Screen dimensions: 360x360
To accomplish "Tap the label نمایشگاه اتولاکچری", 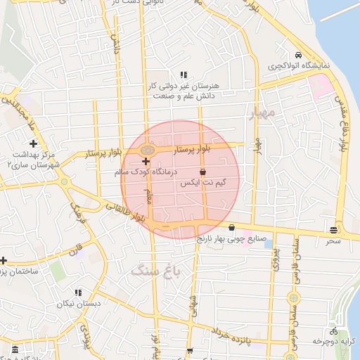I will [299, 66].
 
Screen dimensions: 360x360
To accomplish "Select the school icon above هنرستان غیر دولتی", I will [184, 75].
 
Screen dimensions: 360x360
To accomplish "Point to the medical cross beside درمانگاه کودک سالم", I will [146, 161].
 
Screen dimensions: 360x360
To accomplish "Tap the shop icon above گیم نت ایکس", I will [203, 172].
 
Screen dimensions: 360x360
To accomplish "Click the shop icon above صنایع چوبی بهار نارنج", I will [232, 227].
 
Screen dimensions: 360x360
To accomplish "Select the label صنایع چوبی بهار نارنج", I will [232, 238].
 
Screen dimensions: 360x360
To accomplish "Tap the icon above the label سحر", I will [333, 230].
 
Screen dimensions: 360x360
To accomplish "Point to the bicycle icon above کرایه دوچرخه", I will [333, 330].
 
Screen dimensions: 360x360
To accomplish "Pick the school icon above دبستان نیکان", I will [78, 292].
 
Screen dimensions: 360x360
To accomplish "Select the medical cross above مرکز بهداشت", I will [33, 143].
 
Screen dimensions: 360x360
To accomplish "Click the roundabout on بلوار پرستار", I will [147, 150].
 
